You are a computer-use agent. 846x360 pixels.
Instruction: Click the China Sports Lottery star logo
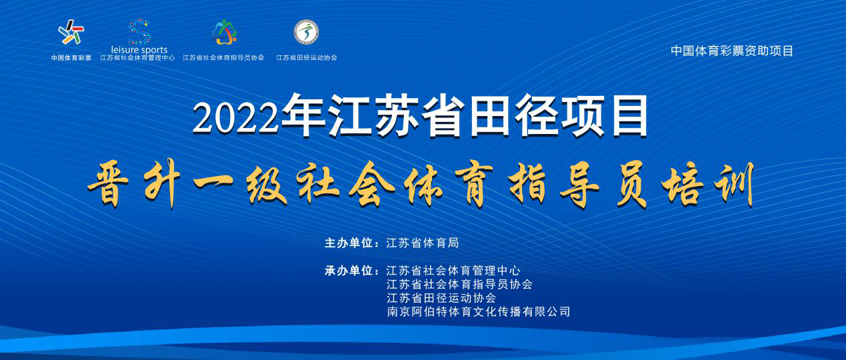(71, 32)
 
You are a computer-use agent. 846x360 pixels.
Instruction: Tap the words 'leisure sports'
(139, 50)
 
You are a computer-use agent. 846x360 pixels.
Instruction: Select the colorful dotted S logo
(139, 31)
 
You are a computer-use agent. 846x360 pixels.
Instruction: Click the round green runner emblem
(306, 32)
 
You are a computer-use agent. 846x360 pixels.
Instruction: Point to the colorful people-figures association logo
(224, 32)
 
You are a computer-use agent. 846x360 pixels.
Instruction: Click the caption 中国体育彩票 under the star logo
(71, 58)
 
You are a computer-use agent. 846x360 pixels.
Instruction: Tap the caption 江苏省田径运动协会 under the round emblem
(306, 58)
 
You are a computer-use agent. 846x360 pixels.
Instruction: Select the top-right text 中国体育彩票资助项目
(731, 51)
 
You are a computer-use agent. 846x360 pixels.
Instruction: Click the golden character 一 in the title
(213, 183)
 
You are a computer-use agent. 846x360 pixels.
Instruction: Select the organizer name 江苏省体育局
(422, 243)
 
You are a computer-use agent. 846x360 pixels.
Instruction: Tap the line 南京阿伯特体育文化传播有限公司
(478, 311)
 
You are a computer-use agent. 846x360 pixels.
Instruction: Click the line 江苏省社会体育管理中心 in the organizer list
(453, 271)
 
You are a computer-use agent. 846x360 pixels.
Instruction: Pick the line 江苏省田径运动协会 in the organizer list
(441, 298)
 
